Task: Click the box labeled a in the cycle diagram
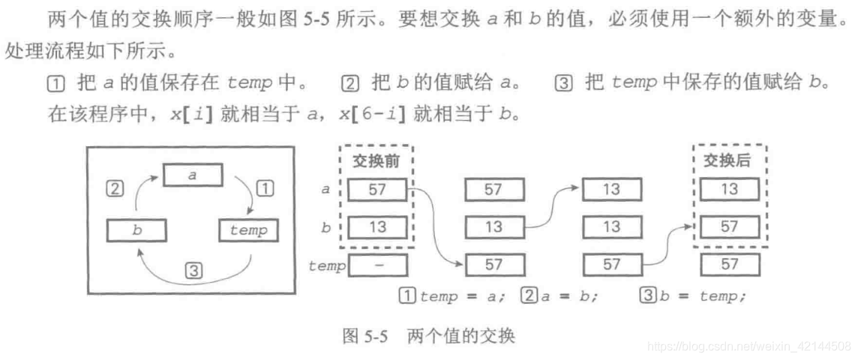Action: pyautogui.click(x=193, y=175)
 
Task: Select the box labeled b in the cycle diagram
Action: pyautogui.click(x=136, y=230)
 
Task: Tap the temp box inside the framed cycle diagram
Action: pyautogui.click(x=247, y=230)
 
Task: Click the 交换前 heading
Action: pyautogui.click(x=377, y=160)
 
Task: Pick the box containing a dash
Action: pyautogui.click(x=377, y=265)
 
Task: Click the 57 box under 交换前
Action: pyautogui.click(x=377, y=190)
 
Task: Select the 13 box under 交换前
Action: pyautogui.click(x=377, y=226)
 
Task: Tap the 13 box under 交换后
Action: pyautogui.click(x=729, y=190)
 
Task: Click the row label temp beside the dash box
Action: pyautogui.click(x=327, y=265)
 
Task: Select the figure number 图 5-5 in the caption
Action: pyautogui.click(x=364, y=335)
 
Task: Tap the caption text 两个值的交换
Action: pyautogui.click(x=461, y=335)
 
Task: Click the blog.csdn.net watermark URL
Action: pyautogui.click(x=748, y=346)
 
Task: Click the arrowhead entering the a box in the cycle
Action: pyautogui.click(x=160, y=178)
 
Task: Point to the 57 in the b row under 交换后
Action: pyautogui.click(x=729, y=226)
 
